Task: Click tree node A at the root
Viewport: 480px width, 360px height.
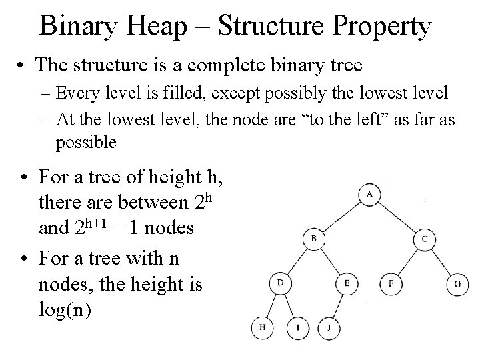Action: click(369, 195)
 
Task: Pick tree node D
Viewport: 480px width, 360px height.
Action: click(280, 283)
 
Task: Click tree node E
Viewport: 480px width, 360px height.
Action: click(347, 283)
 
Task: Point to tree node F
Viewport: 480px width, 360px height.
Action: click(391, 283)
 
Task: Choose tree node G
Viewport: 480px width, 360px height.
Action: click(457, 283)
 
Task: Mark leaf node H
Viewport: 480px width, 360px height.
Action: click(262, 327)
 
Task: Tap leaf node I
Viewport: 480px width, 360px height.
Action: click(297, 327)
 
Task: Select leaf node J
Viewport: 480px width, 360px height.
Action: click(329, 327)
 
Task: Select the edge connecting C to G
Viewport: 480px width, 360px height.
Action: click(441, 261)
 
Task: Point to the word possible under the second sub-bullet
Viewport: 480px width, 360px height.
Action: click(86, 142)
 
